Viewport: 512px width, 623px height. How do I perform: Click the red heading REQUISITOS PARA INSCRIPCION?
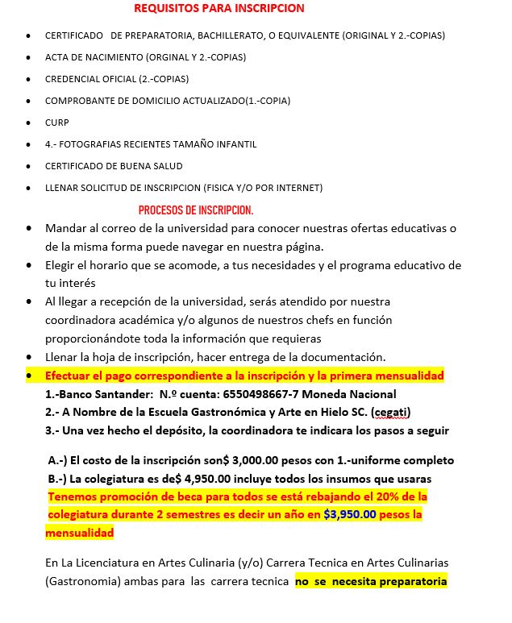click(x=219, y=9)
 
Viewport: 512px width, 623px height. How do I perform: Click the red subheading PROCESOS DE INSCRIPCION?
click(x=196, y=210)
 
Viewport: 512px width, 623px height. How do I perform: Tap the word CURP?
click(x=57, y=123)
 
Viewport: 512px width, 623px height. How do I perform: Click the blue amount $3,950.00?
click(x=350, y=514)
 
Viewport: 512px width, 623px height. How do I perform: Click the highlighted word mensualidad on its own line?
click(x=79, y=533)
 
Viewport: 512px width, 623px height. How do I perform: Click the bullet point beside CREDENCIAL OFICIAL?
click(x=28, y=80)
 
